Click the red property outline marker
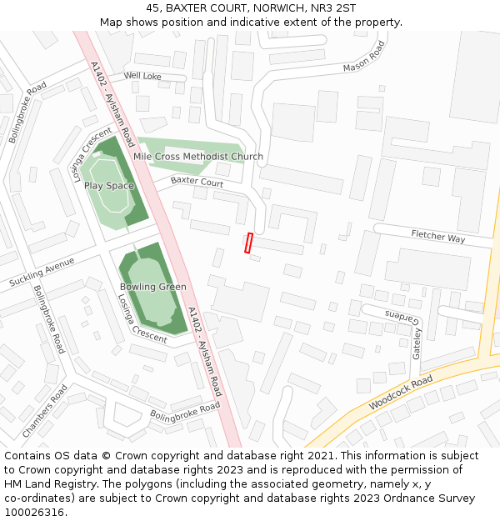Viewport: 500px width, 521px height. pyautogui.click(x=248, y=243)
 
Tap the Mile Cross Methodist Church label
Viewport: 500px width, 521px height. pyautogui.click(x=198, y=157)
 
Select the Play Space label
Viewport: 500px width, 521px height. pyautogui.click(x=109, y=186)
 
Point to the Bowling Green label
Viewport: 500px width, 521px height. pyautogui.click(x=152, y=287)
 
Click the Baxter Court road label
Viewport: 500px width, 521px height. pyautogui.click(x=197, y=181)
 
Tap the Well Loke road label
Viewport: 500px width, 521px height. pyautogui.click(x=142, y=76)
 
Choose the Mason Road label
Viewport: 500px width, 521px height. pyautogui.click(x=364, y=58)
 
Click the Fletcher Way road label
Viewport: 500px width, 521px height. pyautogui.click(x=437, y=237)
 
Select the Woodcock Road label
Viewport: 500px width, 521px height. pyautogui.click(x=401, y=393)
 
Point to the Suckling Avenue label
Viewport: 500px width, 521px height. pyautogui.click(x=42, y=272)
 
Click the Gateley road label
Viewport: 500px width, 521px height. pyautogui.click(x=417, y=343)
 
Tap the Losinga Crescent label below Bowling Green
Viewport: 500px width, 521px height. pyautogui.click(x=142, y=318)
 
